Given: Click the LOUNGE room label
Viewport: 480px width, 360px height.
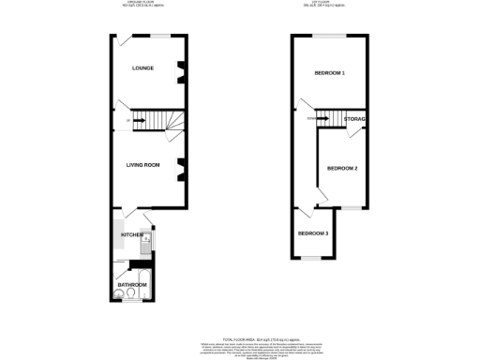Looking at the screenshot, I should [x=143, y=68].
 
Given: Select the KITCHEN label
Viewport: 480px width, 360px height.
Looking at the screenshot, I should [x=130, y=234].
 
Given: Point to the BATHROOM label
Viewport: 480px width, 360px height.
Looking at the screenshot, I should [x=132, y=284].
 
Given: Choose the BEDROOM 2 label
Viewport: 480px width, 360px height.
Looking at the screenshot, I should [x=342, y=169].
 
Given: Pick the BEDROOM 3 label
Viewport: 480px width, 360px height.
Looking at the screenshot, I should [x=313, y=233].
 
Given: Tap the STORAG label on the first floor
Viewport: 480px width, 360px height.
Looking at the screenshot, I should [x=354, y=120].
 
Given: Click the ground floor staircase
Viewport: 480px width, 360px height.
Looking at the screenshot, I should [x=150, y=120].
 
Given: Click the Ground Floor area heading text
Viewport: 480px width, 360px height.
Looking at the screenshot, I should [x=142, y=4].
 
